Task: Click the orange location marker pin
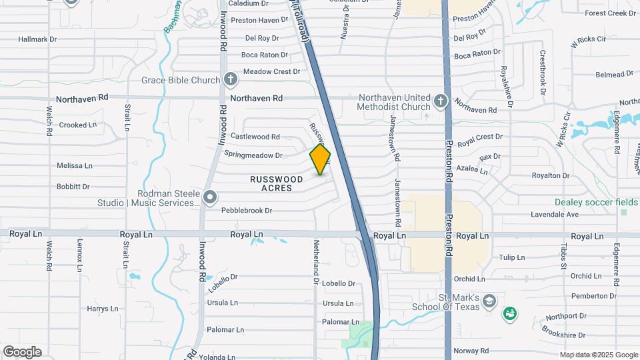(x=321, y=159)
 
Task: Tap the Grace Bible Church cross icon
(x=231, y=81)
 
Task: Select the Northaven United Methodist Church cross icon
(x=439, y=102)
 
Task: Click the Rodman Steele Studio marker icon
(x=211, y=197)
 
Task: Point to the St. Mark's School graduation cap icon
(x=489, y=301)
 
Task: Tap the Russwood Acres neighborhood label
(x=276, y=183)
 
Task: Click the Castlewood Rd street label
(x=255, y=137)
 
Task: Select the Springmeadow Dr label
(x=253, y=155)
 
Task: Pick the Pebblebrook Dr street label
(x=247, y=211)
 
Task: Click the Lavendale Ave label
(x=554, y=215)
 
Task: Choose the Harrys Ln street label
(x=102, y=309)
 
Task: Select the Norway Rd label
(x=471, y=351)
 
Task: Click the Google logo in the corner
(x=22, y=352)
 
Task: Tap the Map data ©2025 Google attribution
(x=599, y=355)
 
